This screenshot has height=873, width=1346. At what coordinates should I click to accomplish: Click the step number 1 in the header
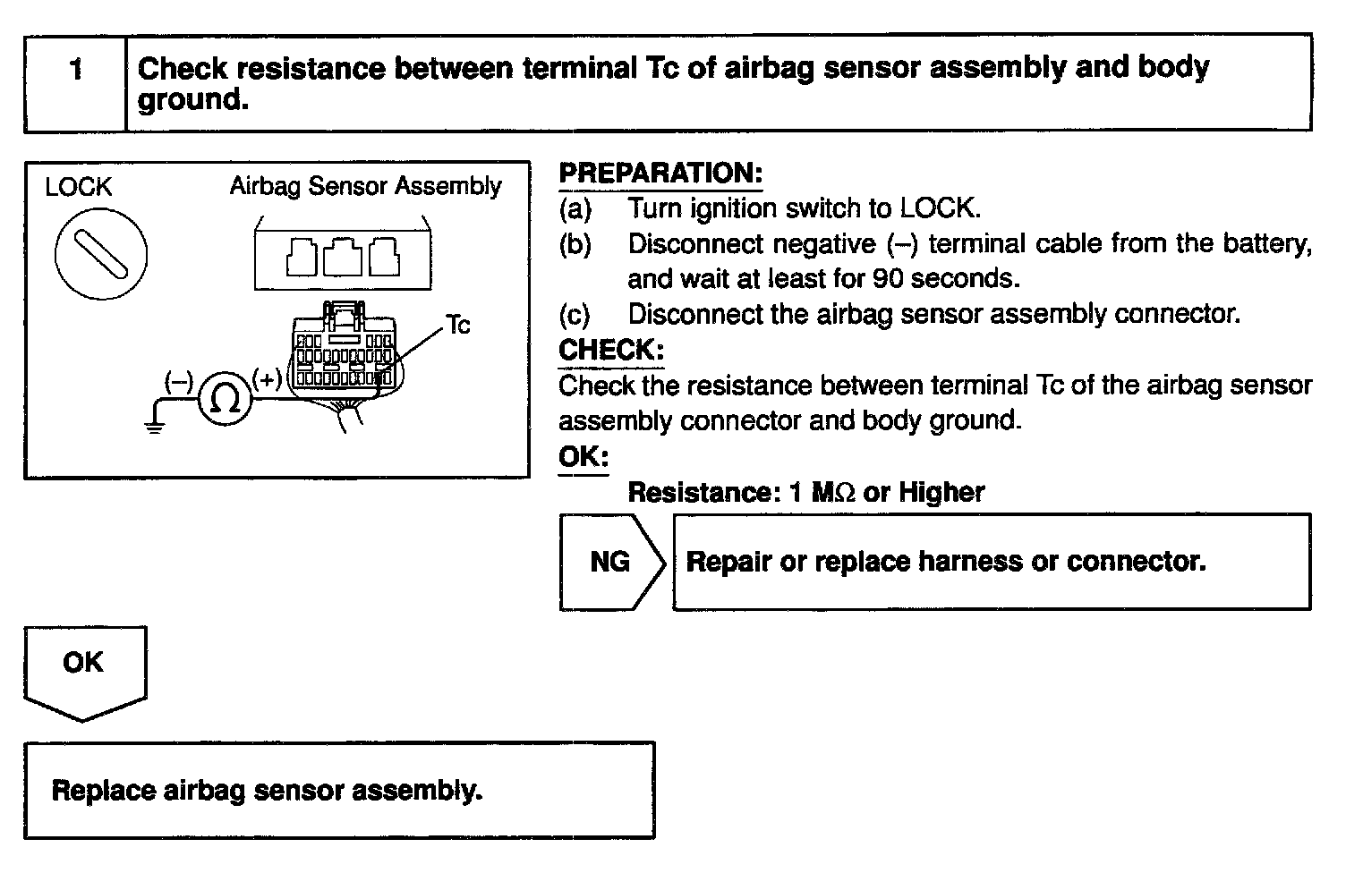tap(76, 69)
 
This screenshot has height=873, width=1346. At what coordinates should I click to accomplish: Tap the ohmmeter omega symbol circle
tap(224, 399)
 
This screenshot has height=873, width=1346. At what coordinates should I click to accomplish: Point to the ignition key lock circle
tap(101, 254)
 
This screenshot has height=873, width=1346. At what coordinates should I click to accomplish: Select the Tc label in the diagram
tap(457, 325)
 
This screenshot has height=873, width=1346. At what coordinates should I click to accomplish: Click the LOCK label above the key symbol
tap(79, 187)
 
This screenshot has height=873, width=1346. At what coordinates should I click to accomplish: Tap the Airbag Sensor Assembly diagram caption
tap(365, 186)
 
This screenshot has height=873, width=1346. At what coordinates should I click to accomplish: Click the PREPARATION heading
tap(660, 173)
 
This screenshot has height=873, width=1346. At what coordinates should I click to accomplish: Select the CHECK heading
tap(611, 350)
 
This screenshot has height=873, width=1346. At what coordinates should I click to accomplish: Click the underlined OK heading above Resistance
tap(584, 456)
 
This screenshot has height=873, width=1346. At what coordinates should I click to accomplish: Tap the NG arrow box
tap(611, 562)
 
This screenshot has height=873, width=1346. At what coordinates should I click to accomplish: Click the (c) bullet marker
tap(575, 314)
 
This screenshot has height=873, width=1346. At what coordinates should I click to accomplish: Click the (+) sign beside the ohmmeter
tap(268, 379)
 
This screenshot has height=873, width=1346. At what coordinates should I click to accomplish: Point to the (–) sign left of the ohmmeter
tap(178, 382)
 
